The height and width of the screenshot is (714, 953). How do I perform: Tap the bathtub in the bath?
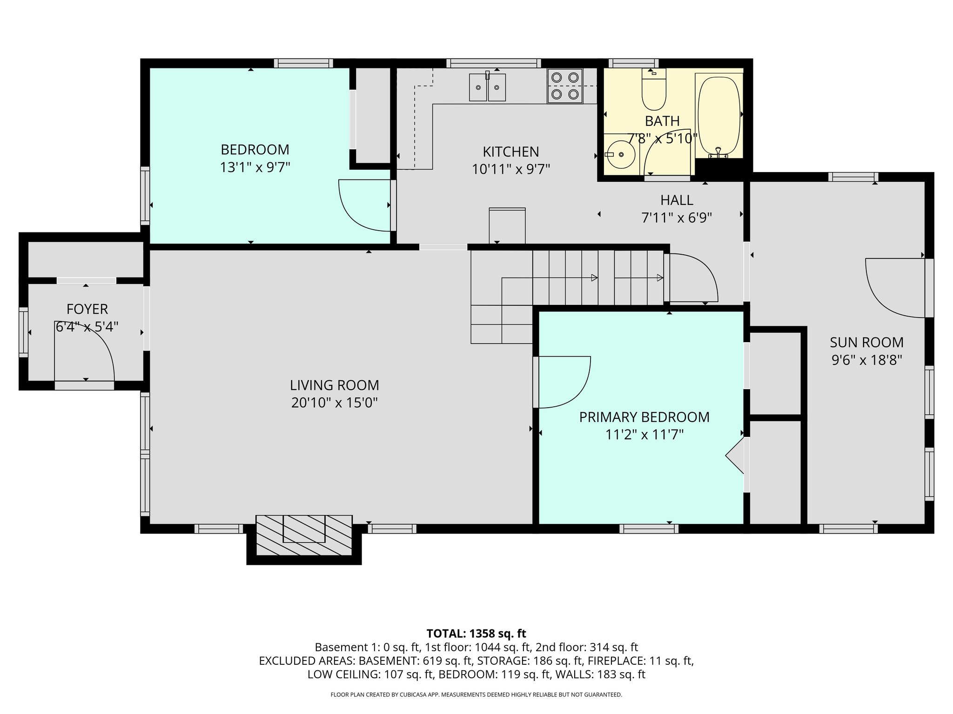(718, 116)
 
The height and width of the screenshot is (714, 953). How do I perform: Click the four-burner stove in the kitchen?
(565, 86)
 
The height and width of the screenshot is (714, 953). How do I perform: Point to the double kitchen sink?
(487, 87)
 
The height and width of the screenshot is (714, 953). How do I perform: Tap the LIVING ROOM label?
(334, 385)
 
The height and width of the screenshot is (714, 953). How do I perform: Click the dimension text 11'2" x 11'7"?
(644, 435)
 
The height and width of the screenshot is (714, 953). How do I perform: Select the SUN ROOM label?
(866, 343)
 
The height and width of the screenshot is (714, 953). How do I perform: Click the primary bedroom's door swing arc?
(563, 381)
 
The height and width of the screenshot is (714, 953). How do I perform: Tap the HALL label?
(677, 200)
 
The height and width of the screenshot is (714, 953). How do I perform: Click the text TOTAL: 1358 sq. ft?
(476, 633)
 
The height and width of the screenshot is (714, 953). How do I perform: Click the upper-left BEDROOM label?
(255, 150)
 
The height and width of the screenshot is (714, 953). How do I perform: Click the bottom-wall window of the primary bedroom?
(649, 529)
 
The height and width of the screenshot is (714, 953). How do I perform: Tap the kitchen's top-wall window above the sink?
(493, 63)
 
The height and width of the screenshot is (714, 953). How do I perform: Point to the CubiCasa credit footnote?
(476, 694)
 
